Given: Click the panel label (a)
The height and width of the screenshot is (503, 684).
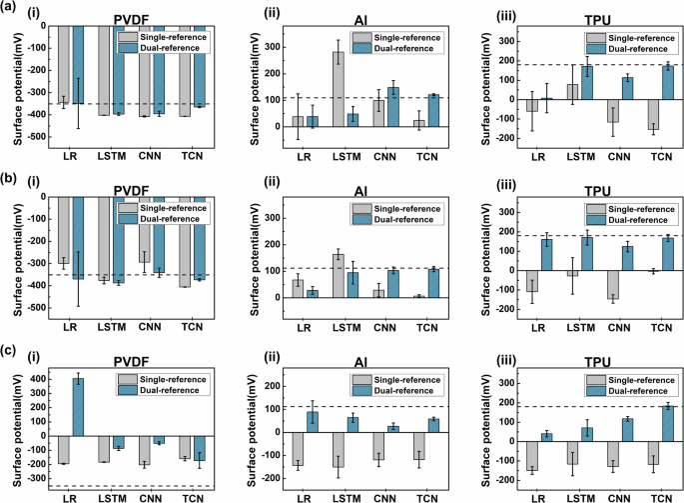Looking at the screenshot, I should [9, 8].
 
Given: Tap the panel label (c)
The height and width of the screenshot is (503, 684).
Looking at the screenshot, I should [9, 350].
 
